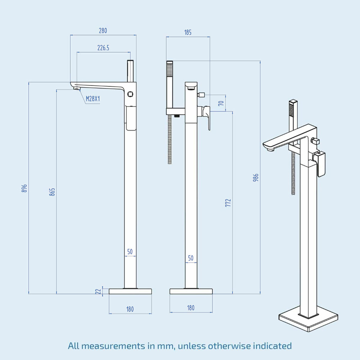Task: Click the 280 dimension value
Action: pyautogui.click(x=103, y=31)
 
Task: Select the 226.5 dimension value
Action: pyautogui.click(x=103, y=48)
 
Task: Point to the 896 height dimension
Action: pyautogui.click(x=24, y=188)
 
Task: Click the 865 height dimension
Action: pyautogui.click(x=53, y=192)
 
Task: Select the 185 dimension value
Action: pyautogui.click(x=188, y=33)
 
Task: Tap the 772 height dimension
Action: pyautogui.click(x=228, y=203)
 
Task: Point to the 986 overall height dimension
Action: pyautogui.click(x=256, y=178)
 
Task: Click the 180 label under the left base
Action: pyautogui.click(x=130, y=309)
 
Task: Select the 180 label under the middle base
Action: pyautogui.click(x=191, y=308)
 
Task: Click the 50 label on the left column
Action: pyautogui.click(x=130, y=252)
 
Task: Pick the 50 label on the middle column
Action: pyautogui.click(x=191, y=258)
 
